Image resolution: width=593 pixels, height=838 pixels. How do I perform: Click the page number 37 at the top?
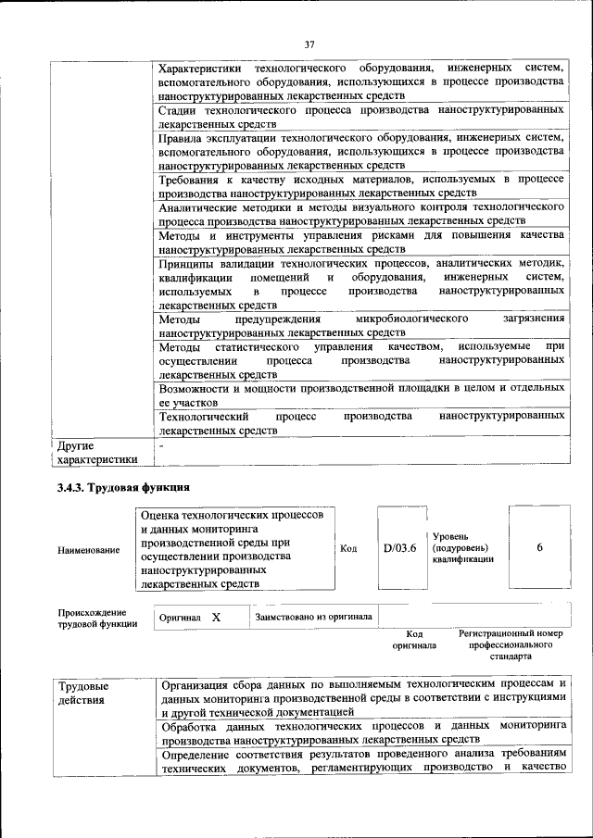coord(310,44)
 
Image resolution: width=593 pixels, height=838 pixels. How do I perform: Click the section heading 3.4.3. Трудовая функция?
coord(123,487)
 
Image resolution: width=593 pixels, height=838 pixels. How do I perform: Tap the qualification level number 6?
coord(539,547)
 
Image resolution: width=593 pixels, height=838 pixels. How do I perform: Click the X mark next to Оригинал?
coord(215,616)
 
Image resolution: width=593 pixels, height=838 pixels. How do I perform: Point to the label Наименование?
coord(88,550)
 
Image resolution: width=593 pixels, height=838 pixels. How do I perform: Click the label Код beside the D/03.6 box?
coord(348,548)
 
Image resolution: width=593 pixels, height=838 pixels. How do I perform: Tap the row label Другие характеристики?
coord(96,452)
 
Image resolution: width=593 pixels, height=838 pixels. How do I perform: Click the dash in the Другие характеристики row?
coord(162,445)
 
